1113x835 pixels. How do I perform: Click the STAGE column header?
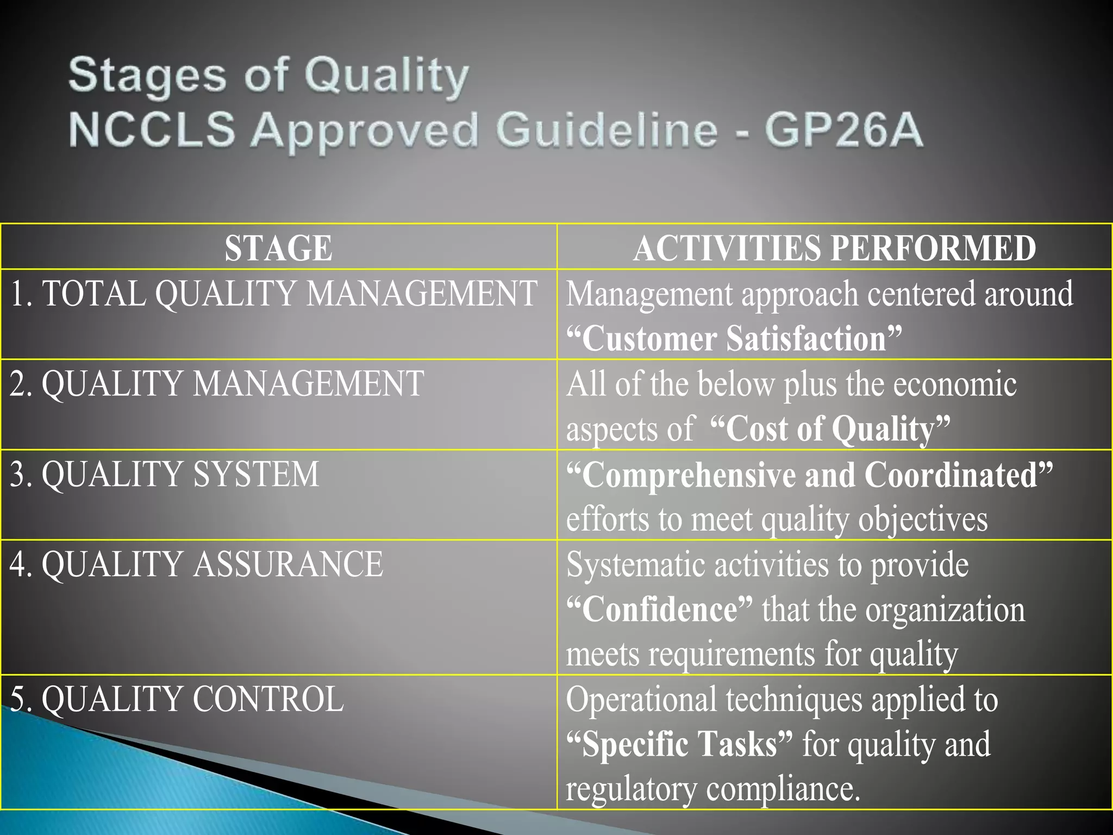[278, 248]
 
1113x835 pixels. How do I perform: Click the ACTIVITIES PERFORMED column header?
[834, 248]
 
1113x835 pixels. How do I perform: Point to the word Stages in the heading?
[147, 75]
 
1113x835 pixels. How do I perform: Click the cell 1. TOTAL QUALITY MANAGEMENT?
[273, 294]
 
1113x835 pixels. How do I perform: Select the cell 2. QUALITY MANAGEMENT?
[216, 384]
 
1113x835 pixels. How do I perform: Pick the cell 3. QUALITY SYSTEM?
[164, 474]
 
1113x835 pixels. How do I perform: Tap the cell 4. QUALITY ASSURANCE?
[196, 564]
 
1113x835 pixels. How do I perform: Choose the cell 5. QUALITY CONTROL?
[177, 699]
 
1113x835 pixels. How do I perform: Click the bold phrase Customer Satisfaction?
[734, 339]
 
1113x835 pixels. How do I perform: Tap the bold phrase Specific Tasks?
[679, 744]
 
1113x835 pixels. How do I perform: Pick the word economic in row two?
[955, 384]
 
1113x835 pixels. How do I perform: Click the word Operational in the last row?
[641, 699]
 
